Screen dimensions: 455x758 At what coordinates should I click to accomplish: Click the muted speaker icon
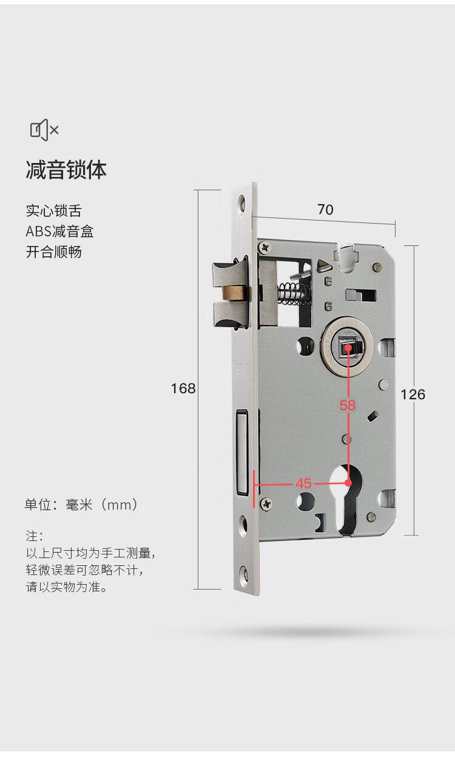pos(44,130)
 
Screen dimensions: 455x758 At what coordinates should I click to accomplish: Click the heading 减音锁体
pos(66,170)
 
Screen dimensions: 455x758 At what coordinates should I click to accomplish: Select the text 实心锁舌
pos(53,211)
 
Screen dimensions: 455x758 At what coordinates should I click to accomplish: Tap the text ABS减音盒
pos(59,231)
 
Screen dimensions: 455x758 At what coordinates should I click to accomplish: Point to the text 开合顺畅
pos(53,251)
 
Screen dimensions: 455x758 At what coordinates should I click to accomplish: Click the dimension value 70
pos(325,210)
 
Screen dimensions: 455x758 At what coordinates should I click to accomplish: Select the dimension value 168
pos(183,388)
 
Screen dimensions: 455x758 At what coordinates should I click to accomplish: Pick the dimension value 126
pos(413,394)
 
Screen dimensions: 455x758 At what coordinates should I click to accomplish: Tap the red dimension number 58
pos(348,405)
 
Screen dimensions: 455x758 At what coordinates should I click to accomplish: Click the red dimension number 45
pos(303,484)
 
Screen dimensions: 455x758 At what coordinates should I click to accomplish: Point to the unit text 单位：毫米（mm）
pos(82,504)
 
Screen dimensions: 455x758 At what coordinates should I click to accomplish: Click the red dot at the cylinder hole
pos(348,483)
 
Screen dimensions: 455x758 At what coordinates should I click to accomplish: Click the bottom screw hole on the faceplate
pos(244,573)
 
